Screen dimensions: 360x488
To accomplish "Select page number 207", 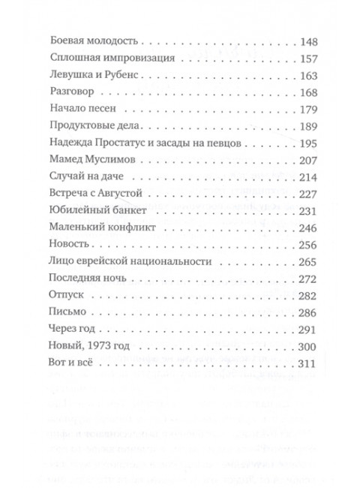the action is [x=308, y=161].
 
